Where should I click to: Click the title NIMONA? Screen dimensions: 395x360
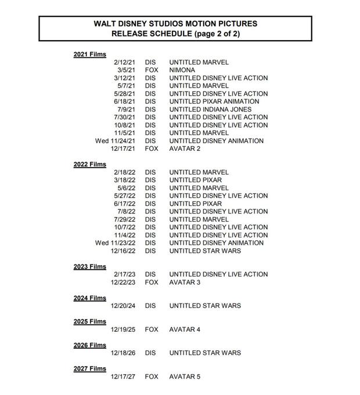182,70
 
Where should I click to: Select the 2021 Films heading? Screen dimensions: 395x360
89,55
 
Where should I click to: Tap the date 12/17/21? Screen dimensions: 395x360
123,148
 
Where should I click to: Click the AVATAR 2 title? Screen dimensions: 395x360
185,148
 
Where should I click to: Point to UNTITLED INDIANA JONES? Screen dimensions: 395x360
210,110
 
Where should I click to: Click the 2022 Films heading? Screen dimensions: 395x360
89,165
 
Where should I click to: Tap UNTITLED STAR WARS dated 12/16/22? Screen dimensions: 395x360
205,251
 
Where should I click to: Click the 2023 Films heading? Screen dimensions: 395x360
89,267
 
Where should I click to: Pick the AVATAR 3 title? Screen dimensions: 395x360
185,282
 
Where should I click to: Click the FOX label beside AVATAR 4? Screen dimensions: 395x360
151,329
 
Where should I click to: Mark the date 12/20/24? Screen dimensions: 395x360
123,306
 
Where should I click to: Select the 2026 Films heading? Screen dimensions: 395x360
89,345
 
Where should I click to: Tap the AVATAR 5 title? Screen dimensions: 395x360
185,376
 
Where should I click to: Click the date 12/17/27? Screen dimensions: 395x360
123,376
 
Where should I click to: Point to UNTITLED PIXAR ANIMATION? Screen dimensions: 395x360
214,102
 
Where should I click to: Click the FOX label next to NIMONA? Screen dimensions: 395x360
151,70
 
